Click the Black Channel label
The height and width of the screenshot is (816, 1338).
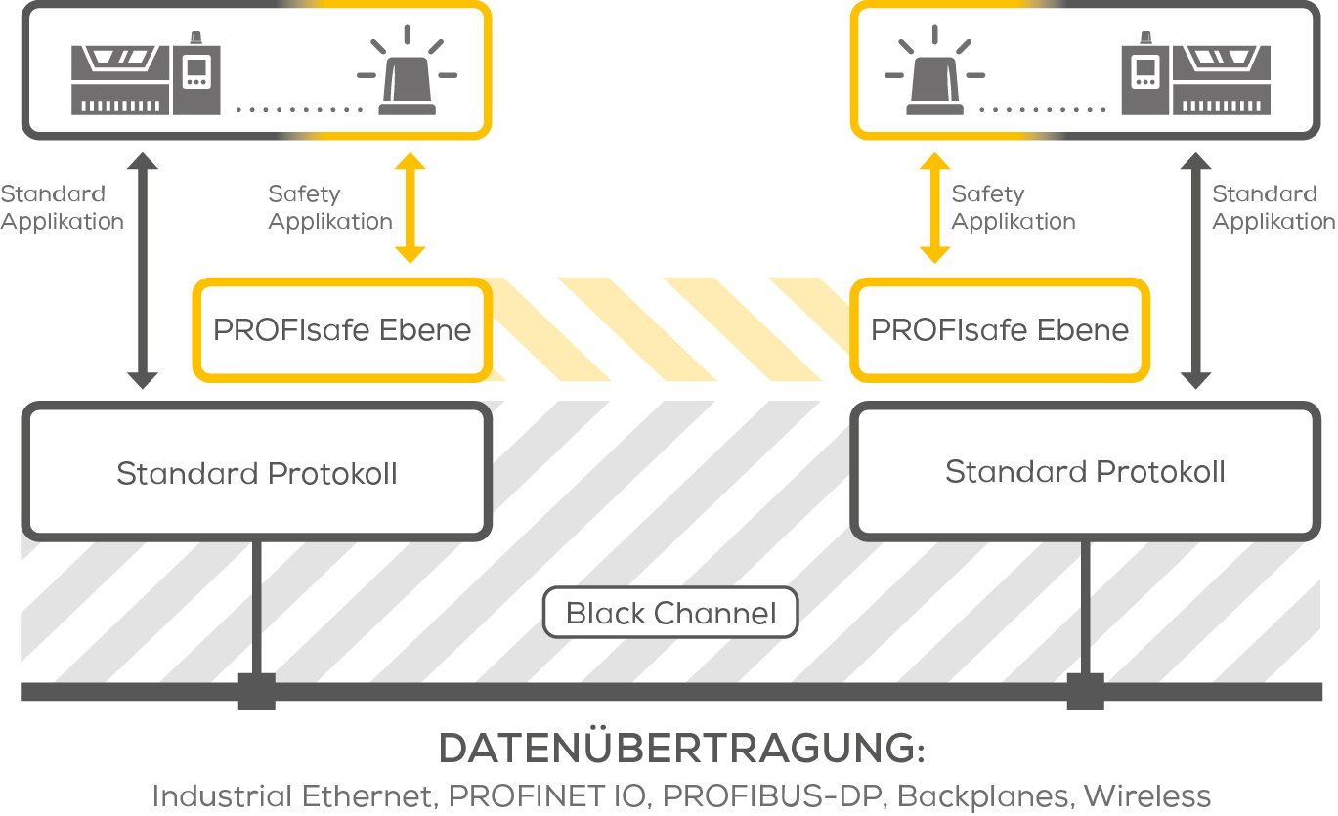click(x=670, y=614)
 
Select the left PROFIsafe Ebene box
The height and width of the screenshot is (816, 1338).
click(x=341, y=330)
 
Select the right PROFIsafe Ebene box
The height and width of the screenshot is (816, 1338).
click(x=999, y=330)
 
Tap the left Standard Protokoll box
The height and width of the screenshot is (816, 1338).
click(x=256, y=474)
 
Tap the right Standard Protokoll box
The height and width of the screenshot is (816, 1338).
click(x=1085, y=472)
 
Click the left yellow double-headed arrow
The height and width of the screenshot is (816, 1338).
click(x=410, y=208)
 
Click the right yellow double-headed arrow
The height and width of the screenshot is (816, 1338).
click(x=935, y=208)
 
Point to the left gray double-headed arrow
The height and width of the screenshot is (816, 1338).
click(x=143, y=271)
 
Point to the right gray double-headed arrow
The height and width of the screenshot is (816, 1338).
click(x=1195, y=271)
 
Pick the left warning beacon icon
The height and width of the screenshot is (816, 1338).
click(x=407, y=78)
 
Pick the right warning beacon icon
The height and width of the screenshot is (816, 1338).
click(x=934, y=78)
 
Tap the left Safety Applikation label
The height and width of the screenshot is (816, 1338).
click(x=329, y=208)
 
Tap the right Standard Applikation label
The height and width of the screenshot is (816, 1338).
click(x=1273, y=208)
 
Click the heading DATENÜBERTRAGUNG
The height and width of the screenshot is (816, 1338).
click(x=680, y=750)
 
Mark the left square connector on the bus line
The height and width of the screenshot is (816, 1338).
click(x=256, y=691)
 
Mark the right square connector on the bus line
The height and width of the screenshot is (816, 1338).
click(x=1085, y=691)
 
